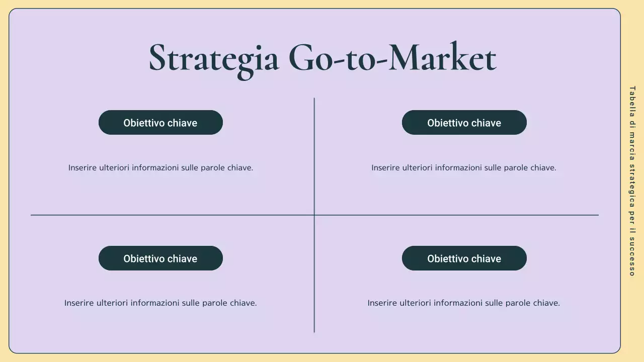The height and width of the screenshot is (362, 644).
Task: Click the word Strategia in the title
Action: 214,58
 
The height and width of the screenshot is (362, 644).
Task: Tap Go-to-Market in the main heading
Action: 392,58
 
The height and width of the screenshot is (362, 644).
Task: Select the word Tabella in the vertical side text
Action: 632,101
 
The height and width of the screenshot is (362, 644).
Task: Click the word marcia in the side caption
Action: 632,145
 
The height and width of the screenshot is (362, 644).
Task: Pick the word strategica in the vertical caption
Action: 632,185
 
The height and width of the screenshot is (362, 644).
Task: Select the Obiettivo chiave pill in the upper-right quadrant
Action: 464,123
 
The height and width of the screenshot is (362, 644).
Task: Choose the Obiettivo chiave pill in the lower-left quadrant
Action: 160,258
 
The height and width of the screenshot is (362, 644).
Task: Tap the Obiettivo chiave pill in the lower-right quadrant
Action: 464,258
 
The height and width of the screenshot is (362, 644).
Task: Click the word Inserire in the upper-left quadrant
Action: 83,168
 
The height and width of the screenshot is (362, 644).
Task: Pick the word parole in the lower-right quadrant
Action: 517,303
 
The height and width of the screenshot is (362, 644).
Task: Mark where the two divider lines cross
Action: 314,215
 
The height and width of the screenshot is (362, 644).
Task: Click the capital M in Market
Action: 409,57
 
